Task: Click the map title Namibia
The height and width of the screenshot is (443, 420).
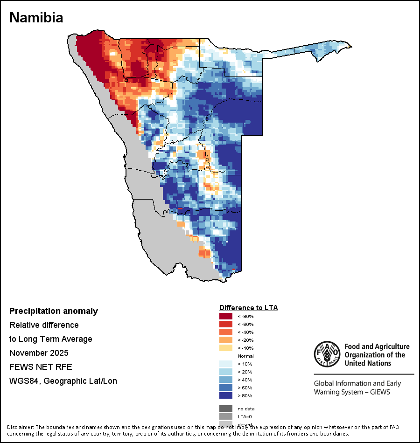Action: click(36, 18)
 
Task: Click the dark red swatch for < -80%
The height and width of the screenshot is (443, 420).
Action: click(226, 317)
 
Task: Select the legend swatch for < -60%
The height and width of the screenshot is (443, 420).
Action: click(226, 325)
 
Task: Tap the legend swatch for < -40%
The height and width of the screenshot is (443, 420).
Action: click(226, 332)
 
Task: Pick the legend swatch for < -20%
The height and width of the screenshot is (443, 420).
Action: click(226, 340)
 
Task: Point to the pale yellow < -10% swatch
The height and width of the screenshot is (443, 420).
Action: click(226, 348)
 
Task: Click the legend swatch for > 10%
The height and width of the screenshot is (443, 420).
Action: click(226, 364)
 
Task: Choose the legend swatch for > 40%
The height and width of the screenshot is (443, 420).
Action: click(226, 380)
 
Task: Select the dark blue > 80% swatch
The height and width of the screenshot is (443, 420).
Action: click(226, 396)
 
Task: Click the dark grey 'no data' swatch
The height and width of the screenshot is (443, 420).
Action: click(226, 408)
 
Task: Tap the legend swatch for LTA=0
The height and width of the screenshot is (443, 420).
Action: click(226, 416)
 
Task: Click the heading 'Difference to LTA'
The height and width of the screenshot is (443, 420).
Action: click(248, 308)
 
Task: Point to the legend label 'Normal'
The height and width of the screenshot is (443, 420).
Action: click(245, 356)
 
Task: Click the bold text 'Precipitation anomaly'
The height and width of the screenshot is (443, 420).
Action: click(54, 311)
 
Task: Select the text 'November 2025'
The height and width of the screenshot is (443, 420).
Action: click(39, 353)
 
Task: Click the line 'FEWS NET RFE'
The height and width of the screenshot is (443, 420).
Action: click(41, 367)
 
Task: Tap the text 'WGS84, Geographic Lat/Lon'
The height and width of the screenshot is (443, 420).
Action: click(63, 381)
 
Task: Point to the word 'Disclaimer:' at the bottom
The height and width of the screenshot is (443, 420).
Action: click(21, 427)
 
